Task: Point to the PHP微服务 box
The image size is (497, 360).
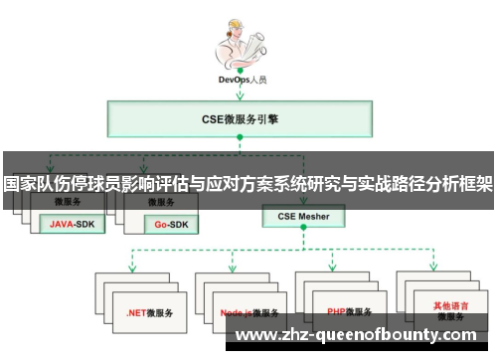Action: pos(348,311)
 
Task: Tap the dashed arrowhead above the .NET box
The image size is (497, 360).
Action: pos(132,266)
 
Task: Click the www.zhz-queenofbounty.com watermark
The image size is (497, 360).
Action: pos(362,335)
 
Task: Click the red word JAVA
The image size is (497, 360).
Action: pos(62,225)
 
